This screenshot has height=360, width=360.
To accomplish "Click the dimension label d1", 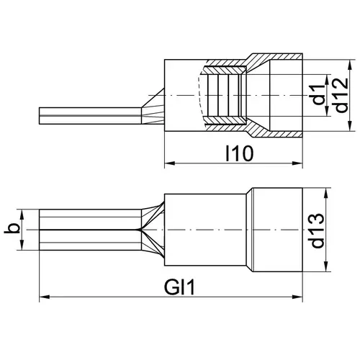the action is tap(319, 94).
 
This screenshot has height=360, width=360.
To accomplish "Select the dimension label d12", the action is tap(341, 95).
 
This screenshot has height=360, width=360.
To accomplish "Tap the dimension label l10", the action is tap(240, 153).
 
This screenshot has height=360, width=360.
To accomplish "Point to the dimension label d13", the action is tap(318, 230).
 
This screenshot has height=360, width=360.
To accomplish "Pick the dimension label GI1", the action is tap(179, 287).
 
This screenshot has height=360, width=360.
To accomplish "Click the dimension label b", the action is tap(12, 228).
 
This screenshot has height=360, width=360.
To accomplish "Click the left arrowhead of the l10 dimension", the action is tap(169, 163).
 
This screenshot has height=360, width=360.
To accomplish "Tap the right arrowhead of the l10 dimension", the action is tap(297, 163).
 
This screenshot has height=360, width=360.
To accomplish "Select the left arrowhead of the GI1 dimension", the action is tap(45, 297).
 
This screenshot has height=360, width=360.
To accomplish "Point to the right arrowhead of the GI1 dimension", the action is tap(297, 297).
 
